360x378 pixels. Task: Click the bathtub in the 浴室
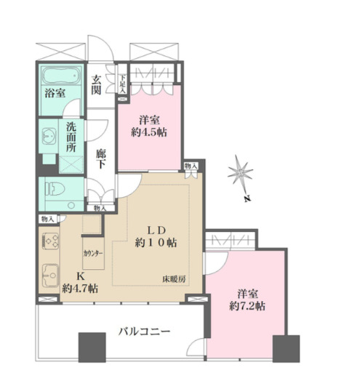point(60,76)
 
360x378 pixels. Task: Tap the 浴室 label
point(56,94)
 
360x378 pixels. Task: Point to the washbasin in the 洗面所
point(50,136)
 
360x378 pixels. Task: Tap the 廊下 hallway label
point(102,160)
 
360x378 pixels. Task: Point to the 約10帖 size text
point(158,243)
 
